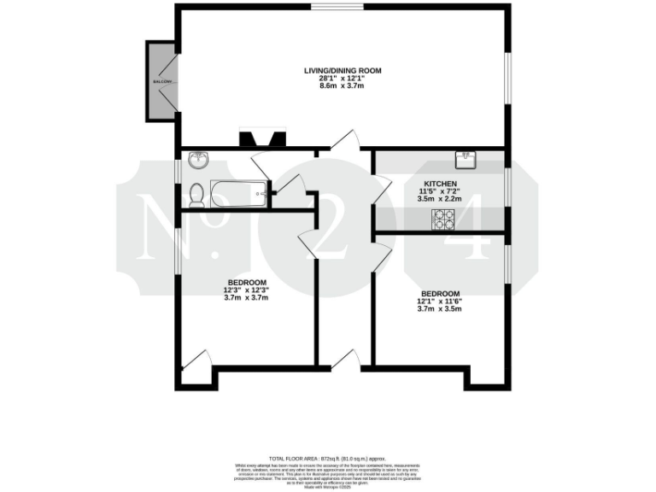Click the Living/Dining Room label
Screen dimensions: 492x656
click(343, 70)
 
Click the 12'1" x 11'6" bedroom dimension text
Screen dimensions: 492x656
click(438, 301)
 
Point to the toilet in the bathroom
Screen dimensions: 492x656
click(196, 196)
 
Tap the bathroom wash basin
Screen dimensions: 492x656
click(198, 159)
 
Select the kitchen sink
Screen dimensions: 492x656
click(466, 157)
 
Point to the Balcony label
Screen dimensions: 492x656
click(162, 82)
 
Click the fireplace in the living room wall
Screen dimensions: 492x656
click(261, 139)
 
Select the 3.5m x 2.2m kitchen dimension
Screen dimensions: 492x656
click(439, 199)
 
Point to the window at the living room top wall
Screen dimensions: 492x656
click(337, 7)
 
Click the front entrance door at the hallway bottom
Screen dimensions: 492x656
click(346, 360)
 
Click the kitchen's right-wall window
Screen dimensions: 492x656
click(507, 186)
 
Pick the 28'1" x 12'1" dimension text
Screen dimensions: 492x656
click(343, 79)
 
